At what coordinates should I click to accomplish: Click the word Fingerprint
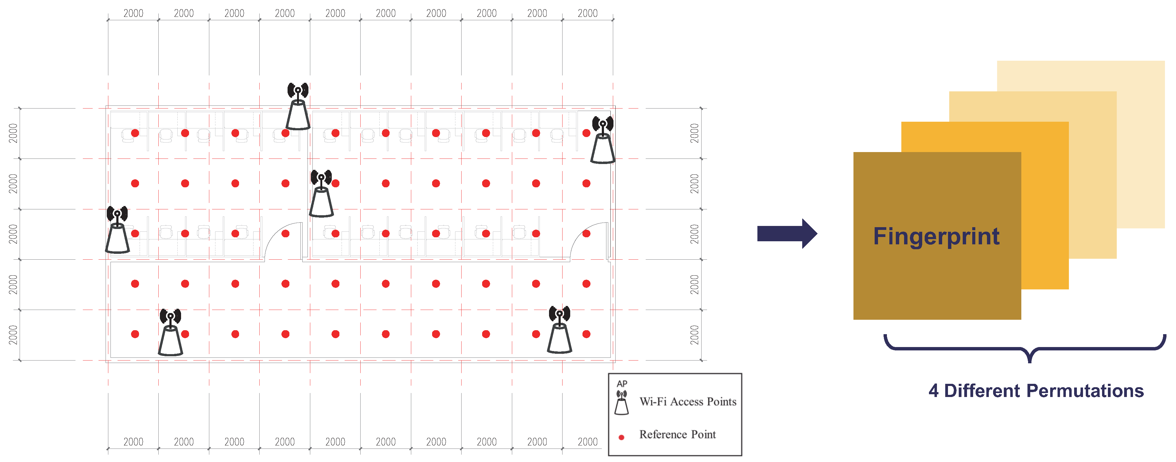pyautogui.click(x=936, y=236)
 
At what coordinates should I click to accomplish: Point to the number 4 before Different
pyautogui.click(x=934, y=391)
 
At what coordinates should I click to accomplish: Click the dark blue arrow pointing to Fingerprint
pyautogui.click(x=787, y=234)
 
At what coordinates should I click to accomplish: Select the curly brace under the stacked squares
pyautogui.click(x=1025, y=349)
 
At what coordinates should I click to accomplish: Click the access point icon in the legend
pyautogui.click(x=621, y=402)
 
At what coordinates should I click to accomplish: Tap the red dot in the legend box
pyautogui.click(x=621, y=437)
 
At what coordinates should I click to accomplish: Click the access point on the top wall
pyautogui.click(x=298, y=106)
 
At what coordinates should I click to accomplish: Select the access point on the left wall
pyautogui.click(x=117, y=229)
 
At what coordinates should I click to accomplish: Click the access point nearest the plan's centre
pyautogui.click(x=321, y=193)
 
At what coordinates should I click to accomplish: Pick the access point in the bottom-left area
pyautogui.click(x=170, y=332)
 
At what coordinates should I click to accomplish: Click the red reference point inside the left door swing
pyautogui.click(x=285, y=234)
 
